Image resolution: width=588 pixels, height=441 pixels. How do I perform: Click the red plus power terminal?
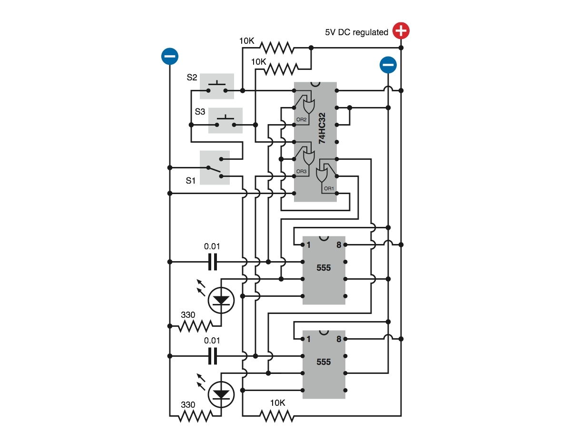[x=401, y=30]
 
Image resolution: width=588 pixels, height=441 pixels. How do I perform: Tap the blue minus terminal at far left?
[x=169, y=56]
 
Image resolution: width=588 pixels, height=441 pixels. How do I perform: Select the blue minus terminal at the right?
[x=388, y=65]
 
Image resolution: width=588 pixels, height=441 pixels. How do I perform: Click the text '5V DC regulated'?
[x=356, y=32]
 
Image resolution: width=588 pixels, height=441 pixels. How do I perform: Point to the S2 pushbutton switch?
[x=217, y=86]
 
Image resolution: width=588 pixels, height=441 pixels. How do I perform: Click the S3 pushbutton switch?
[x=225, y=120]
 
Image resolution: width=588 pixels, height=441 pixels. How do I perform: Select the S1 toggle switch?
[x=215, y=167]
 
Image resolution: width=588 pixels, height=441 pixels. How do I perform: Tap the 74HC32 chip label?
[x=322, y=128]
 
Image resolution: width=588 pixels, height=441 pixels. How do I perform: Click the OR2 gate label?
[x=301, y=120]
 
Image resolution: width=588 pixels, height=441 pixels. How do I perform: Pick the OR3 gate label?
[x=301, y=171]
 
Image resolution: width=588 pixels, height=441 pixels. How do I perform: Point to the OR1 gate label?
[x=329, y=188]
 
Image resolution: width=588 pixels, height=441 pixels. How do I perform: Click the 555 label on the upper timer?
[x=323, y=267]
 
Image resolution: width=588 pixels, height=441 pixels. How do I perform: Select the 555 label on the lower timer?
[x=323, y=362]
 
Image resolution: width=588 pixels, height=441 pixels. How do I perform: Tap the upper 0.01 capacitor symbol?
[x=213, y=262]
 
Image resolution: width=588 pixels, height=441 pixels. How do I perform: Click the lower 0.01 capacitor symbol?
[x=213, y=356]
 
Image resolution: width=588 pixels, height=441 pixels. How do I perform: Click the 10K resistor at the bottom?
[x=277, y=416]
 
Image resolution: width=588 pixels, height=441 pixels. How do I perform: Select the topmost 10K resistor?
[x=277, y=48]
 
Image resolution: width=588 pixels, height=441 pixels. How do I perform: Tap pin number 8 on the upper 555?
[x=339, y=245]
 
